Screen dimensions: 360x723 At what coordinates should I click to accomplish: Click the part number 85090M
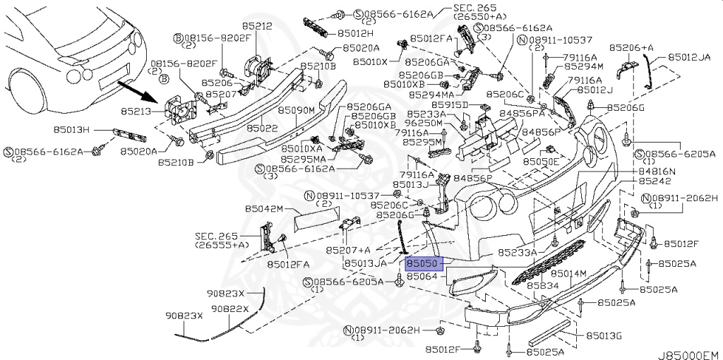click(295, 110)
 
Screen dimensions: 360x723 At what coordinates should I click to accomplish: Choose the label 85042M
click(264, 209)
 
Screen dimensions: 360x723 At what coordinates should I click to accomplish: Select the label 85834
click(542, 286)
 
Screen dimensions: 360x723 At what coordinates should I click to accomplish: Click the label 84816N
click(657, 171)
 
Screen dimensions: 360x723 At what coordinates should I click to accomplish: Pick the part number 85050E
click(541, 161)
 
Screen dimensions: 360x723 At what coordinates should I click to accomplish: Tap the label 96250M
click(428, 124)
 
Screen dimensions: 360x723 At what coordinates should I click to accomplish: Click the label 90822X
click(228, 308)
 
